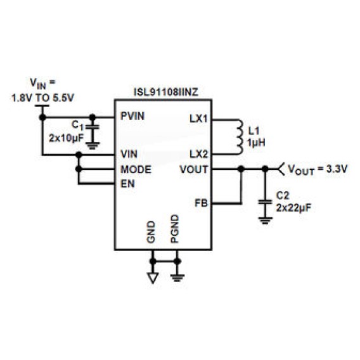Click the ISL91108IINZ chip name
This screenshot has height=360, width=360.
(166, 93)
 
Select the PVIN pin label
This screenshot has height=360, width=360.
(132, 116)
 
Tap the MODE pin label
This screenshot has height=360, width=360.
(136, 170)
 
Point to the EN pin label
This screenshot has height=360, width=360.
(127, 184)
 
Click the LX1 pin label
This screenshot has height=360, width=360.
(199, 119)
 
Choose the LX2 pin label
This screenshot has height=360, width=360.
(199, 154)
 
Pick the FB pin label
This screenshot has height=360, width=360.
(201, 203)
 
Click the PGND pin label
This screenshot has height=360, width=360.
(175, 229)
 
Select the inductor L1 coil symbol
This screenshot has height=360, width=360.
(239, 137)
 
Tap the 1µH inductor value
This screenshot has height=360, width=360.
(256, 143)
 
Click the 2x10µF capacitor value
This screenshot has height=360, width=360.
(66, 138)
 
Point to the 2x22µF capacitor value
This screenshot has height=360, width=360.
(293, 208)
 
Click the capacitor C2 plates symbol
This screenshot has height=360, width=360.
(265, 202)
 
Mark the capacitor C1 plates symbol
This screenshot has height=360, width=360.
(93, 127)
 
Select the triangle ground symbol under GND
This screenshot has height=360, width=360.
(153, 278)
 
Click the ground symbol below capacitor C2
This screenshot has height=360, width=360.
(265, 220)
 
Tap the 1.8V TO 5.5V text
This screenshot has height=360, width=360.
(43, 98)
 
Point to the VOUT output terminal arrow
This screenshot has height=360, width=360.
(281, 169)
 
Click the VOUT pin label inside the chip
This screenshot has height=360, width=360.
(194, 170)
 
